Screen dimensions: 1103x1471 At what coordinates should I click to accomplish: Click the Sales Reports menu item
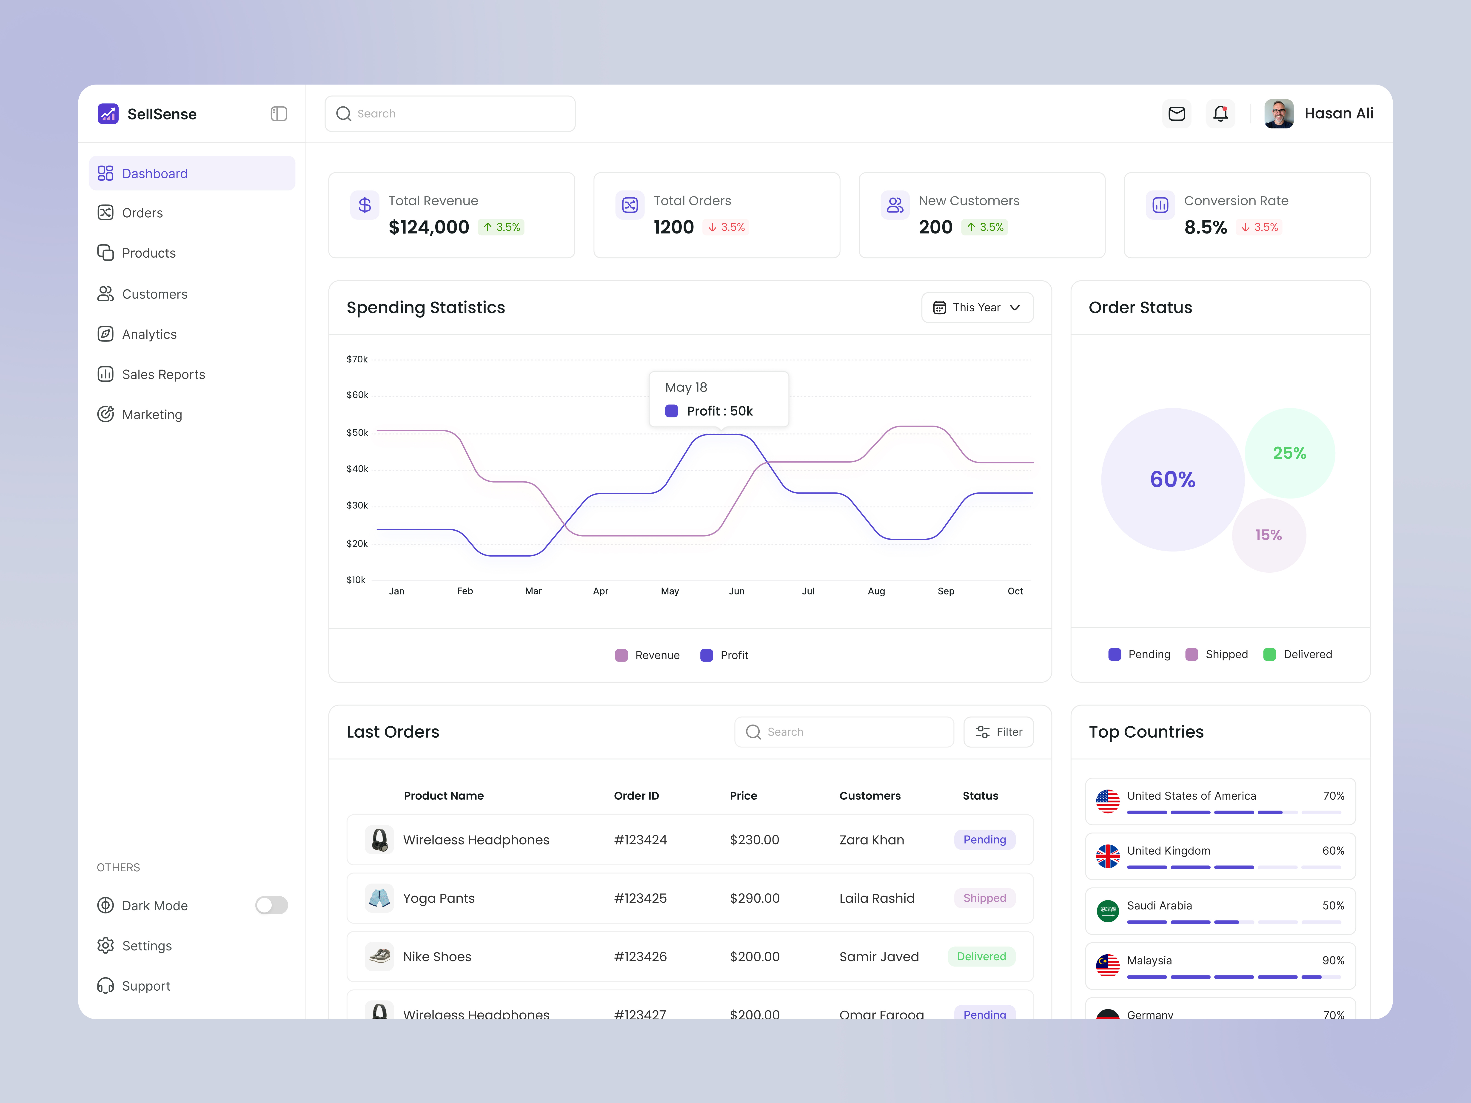coord(163,374)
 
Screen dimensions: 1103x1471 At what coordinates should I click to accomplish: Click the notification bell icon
coord(1220,114)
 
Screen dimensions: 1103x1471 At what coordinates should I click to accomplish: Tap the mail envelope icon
coord(1176,114)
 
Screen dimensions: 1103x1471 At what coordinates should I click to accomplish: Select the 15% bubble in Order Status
coord(1268,535)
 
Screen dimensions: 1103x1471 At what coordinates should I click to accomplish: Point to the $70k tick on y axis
coord(357,359)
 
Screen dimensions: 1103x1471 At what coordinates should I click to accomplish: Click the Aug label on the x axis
coord(876,591)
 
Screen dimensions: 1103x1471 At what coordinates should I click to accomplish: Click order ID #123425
coord(640,898)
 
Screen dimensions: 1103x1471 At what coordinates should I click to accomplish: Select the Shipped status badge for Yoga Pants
coord(984,898)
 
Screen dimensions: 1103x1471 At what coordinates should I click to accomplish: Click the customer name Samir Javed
coord(878,957)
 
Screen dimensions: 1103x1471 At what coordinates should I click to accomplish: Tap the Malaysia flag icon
coord(1107,965)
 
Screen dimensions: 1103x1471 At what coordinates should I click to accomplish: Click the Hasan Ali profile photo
coord(1278,114)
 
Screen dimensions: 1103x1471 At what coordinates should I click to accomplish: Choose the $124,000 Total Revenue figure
coord(429,227)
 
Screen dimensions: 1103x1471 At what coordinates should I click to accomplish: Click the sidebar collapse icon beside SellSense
coord(279,114)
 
